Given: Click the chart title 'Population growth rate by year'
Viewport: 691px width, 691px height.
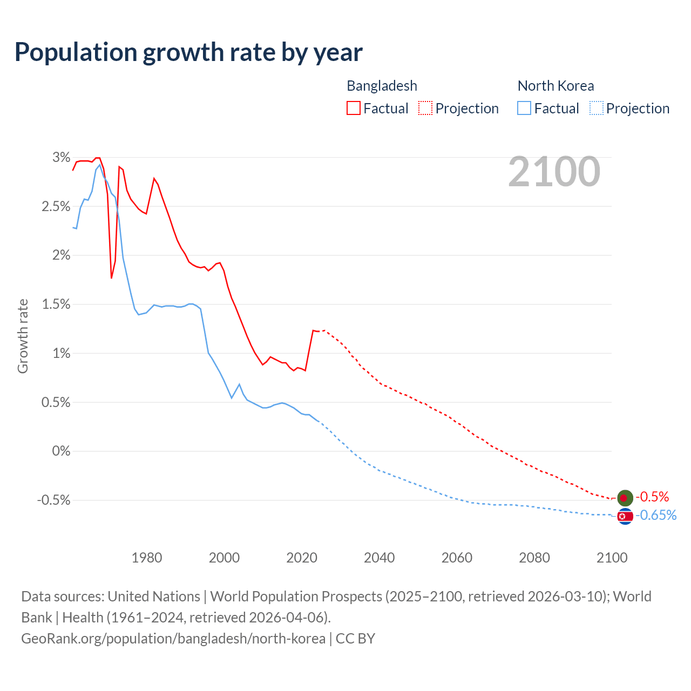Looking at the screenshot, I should tap(188, 52).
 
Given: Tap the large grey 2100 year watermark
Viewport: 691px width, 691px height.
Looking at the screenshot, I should tap(554, 172).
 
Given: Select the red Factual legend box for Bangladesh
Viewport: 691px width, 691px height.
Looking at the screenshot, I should tap(354, 109).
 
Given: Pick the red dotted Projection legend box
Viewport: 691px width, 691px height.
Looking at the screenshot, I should tap(425, 109).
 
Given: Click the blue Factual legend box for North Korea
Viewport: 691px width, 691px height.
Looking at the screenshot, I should tap(524, 109).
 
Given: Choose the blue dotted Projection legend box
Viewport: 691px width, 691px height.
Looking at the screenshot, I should tap(596, 109).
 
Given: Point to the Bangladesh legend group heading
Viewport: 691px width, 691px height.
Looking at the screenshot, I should tap(382, 86).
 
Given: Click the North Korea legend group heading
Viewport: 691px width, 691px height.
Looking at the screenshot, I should tap(555, 86).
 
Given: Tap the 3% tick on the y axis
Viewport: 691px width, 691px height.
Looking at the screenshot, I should tap(61, 158).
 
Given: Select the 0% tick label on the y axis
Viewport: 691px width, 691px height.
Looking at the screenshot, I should tap(61, 451).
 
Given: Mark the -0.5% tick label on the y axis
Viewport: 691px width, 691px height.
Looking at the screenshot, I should tap(53, 500).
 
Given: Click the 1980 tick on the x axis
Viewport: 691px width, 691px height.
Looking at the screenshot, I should tap(147, 558).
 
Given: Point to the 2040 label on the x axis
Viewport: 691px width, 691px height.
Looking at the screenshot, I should tap(379, 558).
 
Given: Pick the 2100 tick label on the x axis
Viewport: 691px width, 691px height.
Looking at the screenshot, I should tap(612, 558).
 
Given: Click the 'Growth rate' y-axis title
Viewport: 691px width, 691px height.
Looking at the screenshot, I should tap(23, 336).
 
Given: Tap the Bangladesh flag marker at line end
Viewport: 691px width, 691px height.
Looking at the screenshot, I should tap(625, 498).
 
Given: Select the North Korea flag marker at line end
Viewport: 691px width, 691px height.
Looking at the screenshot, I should tap(625, 517).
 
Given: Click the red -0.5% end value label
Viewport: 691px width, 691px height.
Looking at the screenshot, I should tap(652, 497).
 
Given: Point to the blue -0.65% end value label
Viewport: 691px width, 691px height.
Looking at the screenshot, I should tap(656, 516).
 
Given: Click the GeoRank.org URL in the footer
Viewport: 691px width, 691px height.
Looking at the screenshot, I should tap(173, 639).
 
